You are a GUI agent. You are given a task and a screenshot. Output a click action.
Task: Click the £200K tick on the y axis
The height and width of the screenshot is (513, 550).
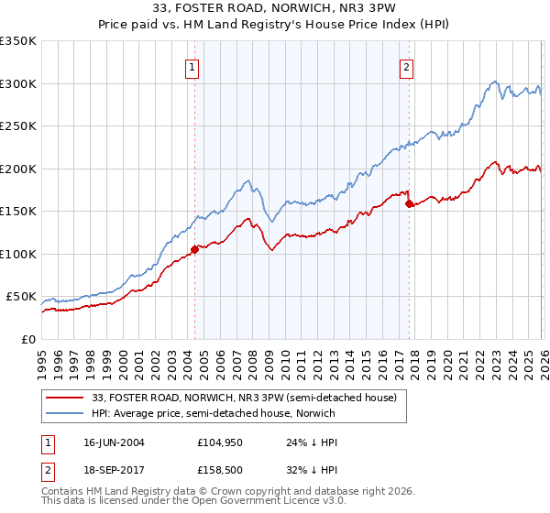click(x=17, y=169)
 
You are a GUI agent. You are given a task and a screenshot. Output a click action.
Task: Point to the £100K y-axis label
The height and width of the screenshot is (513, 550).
click(x=17, y=254)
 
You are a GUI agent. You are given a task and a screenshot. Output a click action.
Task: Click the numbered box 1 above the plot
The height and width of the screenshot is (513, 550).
click(x=192, y=66)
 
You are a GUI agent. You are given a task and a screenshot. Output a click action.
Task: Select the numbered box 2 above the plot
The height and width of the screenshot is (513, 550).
click(x=405, y=66)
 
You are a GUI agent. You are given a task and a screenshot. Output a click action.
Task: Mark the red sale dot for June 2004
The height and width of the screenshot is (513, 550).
click(x=194, y=249)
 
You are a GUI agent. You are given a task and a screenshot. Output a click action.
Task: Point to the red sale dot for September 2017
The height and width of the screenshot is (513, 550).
click(x=409, y=203)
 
